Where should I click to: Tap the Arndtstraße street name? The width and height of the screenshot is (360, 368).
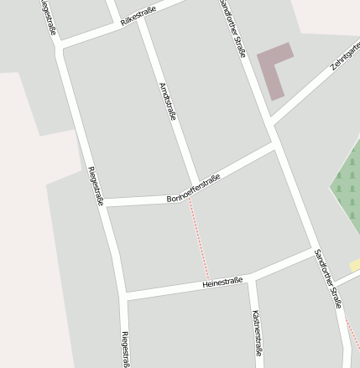167,101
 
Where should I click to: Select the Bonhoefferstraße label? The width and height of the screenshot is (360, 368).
193,189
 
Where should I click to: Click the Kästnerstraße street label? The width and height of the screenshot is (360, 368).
257,333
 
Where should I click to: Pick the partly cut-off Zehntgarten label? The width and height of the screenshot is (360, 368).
346,54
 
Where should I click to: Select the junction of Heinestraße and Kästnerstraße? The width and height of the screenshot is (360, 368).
249,278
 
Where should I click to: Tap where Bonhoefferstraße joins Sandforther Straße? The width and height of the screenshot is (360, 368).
274,145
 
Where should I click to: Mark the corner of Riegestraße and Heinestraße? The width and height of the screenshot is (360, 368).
123,295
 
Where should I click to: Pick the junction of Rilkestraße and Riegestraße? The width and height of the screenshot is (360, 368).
60,44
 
